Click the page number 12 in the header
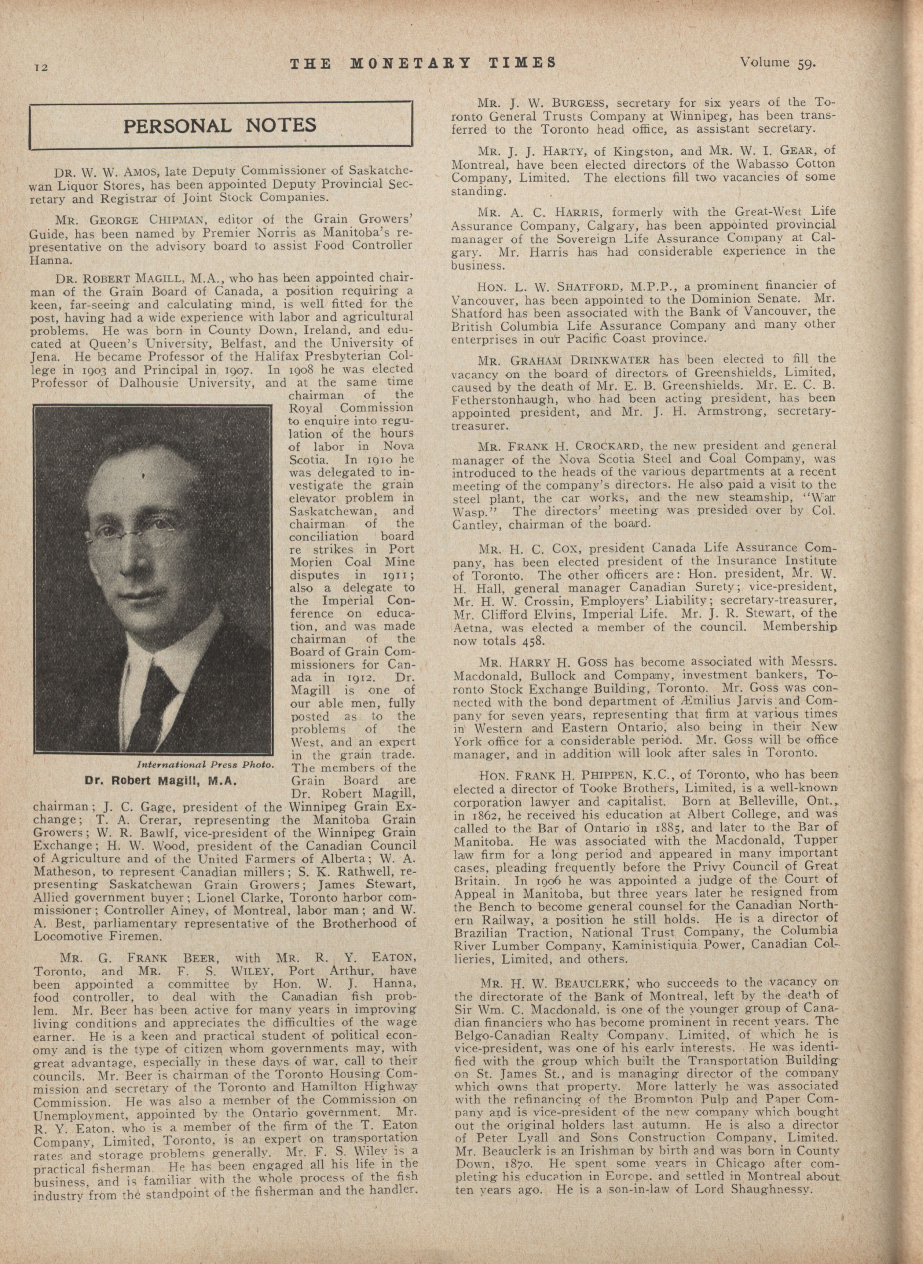[42, 67]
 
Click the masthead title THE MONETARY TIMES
[423, 63]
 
